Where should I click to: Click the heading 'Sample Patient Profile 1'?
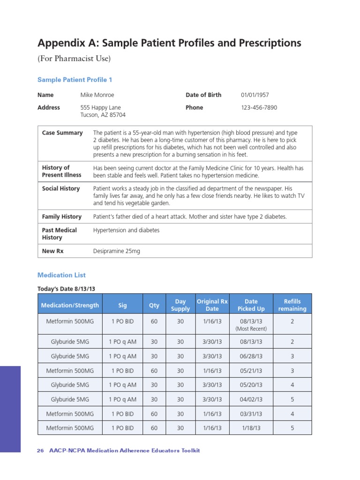pos(75,80)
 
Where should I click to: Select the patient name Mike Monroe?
pos(97,95)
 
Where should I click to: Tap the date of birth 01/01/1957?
pos(255,95)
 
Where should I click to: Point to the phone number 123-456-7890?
pos(259,107)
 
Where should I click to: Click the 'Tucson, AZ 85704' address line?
pos(103,115)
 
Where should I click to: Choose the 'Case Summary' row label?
pos(62,133)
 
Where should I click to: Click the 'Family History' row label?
pos(62,217)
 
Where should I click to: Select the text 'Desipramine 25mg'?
pos(116,251)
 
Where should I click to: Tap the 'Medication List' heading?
pos(61,275)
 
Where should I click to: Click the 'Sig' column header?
pos(122,305)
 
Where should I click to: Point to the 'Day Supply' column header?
pos(180,305)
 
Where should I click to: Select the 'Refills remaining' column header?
pos(292,305)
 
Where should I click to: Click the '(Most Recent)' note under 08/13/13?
pos(251,329)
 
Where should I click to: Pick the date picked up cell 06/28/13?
pos(251,356)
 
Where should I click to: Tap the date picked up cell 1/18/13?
pos(251,428)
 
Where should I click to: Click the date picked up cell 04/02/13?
pos(251,399)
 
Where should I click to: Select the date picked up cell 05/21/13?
pos(251,370)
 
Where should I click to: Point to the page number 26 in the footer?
pos(40,450)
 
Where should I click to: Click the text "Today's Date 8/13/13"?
pos(69,289)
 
